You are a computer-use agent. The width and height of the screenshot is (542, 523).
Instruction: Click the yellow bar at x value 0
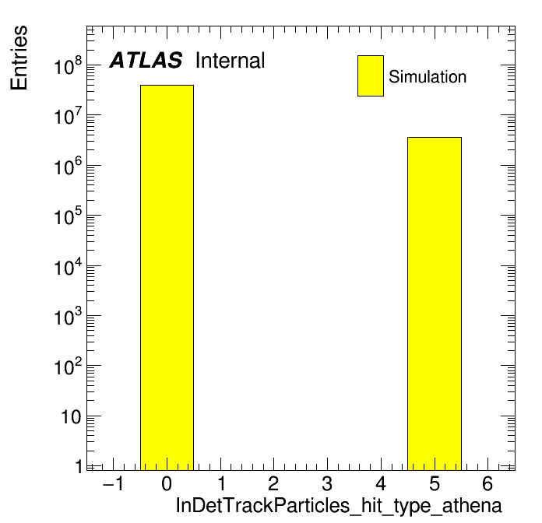point(167,277)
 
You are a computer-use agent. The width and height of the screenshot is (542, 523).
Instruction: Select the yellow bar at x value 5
point(435,304)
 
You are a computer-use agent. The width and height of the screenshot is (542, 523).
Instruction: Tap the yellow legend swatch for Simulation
point(371,75)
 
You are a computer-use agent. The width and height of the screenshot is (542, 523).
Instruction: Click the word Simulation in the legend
point(428,77)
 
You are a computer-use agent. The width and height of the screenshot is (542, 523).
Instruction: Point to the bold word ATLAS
point(146,60)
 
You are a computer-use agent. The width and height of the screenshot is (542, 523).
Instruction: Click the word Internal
point(231,61)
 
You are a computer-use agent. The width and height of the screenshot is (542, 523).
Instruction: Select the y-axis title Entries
point(19,58)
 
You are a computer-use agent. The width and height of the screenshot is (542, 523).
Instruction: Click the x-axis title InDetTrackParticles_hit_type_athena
point(339,506)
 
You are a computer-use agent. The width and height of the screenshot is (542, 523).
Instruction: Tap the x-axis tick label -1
point(114,483)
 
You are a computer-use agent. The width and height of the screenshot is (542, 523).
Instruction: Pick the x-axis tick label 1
point(222,483)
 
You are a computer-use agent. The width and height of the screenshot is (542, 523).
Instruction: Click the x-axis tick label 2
point(273,483)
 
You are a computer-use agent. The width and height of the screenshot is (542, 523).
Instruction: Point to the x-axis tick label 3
point(327,483)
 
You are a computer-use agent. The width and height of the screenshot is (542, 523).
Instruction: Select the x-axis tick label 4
point(381,483)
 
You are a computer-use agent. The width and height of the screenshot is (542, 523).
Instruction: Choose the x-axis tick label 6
point(487,483)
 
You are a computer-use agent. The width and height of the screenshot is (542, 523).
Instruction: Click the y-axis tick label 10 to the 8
point(68,65)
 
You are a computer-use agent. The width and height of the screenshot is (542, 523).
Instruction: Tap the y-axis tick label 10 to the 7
point(68,116)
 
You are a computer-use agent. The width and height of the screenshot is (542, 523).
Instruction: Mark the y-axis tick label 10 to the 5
point(68,216)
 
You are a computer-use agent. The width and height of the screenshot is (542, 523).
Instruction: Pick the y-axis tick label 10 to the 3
point(68,316)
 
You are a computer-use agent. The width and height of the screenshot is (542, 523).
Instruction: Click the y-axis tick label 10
point(72,417)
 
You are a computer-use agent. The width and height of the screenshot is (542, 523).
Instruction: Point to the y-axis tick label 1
point(79,467)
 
